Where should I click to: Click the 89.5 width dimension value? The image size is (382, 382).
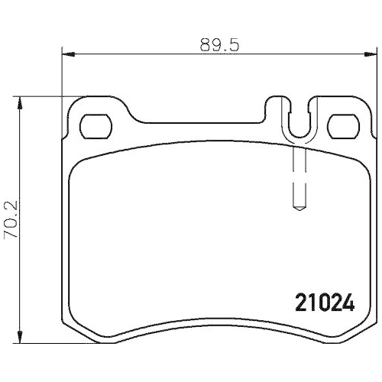point(216,44)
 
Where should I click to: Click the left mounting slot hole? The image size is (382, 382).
point(97,124)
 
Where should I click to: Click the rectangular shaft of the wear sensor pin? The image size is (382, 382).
point(299,176)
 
